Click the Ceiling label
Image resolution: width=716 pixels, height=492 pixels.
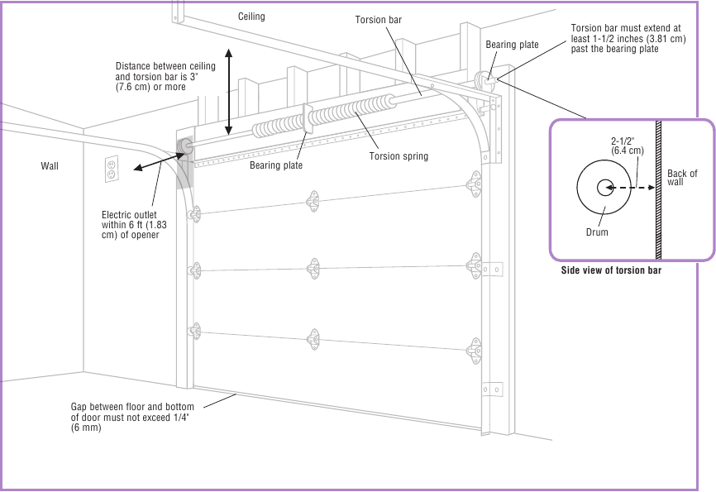pos(251,17)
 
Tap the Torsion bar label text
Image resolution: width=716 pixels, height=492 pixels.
pos(378,20)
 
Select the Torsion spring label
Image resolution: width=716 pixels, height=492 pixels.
pos(399,156)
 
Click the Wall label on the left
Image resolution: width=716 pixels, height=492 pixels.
pos(50,166)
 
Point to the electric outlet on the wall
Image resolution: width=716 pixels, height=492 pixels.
pos(112,169)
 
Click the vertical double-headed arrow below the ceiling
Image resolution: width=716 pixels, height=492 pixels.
pos(229,91)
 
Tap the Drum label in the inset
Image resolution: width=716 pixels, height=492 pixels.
pos(596,232)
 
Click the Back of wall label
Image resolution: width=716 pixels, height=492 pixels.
pos(682,178)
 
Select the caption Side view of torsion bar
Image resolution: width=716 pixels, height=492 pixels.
pos(611,270)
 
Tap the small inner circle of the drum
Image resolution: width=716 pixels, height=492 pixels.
pos(604,189)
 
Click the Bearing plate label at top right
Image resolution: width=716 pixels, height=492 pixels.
pos(512,45)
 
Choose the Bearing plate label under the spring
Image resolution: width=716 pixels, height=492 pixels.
pos(276,165)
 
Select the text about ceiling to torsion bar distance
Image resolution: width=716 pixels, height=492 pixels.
pos(165,76)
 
